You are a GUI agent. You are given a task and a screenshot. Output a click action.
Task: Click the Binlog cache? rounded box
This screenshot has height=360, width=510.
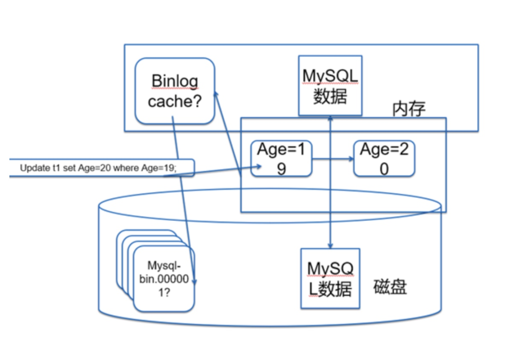pyautogui.click(x=175, y=91)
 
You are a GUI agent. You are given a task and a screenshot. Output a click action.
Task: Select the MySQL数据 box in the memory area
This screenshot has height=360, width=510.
pyautogui.click(x=330, y=86)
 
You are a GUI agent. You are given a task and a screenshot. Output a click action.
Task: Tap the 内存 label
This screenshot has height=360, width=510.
pyautogui.click(x=409, y=109)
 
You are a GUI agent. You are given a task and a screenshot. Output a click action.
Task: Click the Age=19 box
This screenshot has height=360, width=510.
pyautogui.click(x=281, y=159)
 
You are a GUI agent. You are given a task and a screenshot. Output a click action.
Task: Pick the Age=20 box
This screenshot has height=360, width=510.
pyautogui.click(x=384, y=159)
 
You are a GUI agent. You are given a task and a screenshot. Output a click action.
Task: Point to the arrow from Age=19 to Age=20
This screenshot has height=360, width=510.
pyautogui.click(x=333, y=159)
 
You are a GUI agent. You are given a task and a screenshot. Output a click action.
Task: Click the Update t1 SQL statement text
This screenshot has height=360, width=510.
pyautogui.click(x=98, y=168)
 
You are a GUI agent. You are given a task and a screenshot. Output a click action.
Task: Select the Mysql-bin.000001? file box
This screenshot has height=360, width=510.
pyautogui.click(x=164, y=279)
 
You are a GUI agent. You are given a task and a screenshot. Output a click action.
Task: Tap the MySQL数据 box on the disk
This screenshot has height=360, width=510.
pyautogui.click(x=330, y=278)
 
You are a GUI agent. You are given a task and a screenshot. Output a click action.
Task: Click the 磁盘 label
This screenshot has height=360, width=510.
pyautogui.click(x=390, y=287)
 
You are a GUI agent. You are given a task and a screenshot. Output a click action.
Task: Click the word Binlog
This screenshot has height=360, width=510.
pyautogui.click(x=175, y=81)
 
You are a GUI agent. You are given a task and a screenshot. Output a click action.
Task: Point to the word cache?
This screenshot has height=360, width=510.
pyautogui.click(x=175, y=101)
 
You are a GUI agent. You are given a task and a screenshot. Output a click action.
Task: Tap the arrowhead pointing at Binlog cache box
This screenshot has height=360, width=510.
pyautogui.click(x=215, y=94)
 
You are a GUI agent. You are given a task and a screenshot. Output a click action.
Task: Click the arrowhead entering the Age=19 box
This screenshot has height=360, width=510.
pyautogui.click(x=259, y=167)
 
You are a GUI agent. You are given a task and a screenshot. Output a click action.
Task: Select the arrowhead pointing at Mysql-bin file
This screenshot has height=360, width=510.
pyautogui.click(x=194, y=281)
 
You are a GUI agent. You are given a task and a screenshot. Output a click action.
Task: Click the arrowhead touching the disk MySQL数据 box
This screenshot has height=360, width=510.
pyautogui.click(x=330, y=245)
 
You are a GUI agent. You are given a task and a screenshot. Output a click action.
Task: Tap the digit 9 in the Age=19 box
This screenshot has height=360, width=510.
pyautogui.click(x=281, y=169)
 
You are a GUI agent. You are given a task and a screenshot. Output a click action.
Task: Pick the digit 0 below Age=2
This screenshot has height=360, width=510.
pyautogui.click(x=384, y=169)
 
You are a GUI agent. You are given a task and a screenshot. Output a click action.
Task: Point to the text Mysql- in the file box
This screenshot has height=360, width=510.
pyautogui.click(x=164, y=266)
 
